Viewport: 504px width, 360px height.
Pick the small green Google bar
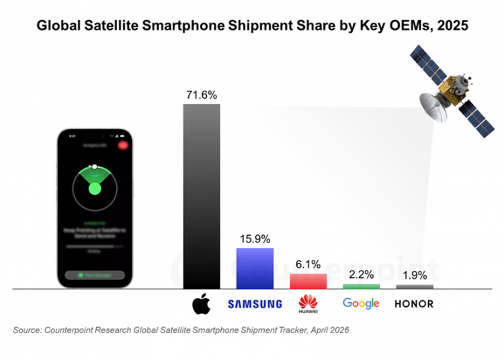361,287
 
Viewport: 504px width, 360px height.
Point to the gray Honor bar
415,287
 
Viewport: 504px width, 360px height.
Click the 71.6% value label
202,95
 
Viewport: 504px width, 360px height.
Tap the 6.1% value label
308,264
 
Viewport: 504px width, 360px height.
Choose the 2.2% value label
361,275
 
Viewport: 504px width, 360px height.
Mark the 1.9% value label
415,275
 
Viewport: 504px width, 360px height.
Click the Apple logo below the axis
201,304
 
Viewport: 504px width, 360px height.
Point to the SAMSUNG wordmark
255,304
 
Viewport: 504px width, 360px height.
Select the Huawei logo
308,304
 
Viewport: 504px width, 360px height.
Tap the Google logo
361,304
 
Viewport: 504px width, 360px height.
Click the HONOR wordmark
414,304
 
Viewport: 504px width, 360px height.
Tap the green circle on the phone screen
94,188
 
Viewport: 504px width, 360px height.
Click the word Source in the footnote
27,330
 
